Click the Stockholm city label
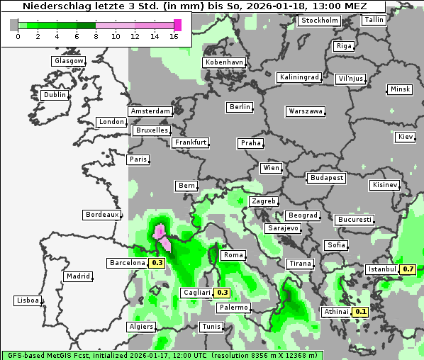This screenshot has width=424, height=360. pyautogui.click(x=319, y=20)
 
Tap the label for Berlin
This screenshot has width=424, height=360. pyautogui.click(x=240, y=107)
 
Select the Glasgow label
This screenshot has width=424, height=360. pyautogui.click(x=69, y=61)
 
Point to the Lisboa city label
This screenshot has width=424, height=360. pyautogui.click(x=28, y=300)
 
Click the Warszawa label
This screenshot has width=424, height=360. pyautogui.click(x=306, y=111)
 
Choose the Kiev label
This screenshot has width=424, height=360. pyautogui.click(x=406, y=137)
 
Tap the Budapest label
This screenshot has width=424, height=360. pyautogui.click(x=326, y=177)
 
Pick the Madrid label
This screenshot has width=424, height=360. pyautogui.click(x=77, y=276)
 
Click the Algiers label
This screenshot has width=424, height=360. pyautogui.click(x=140, y=327)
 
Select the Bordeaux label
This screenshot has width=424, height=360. pyautogui.click(x=101, y=215)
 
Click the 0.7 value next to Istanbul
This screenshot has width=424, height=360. pyautogui.click(x=408, y=269)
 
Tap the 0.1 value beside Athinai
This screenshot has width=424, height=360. pyautogui.click(x=360, y=312)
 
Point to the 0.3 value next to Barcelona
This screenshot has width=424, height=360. pyautogui.click(x=157, y=263)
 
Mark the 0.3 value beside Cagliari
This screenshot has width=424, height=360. pyautogui.click(x=222, y=293)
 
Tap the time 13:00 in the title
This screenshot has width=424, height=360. pyautogui.click(x=337, y=6)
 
